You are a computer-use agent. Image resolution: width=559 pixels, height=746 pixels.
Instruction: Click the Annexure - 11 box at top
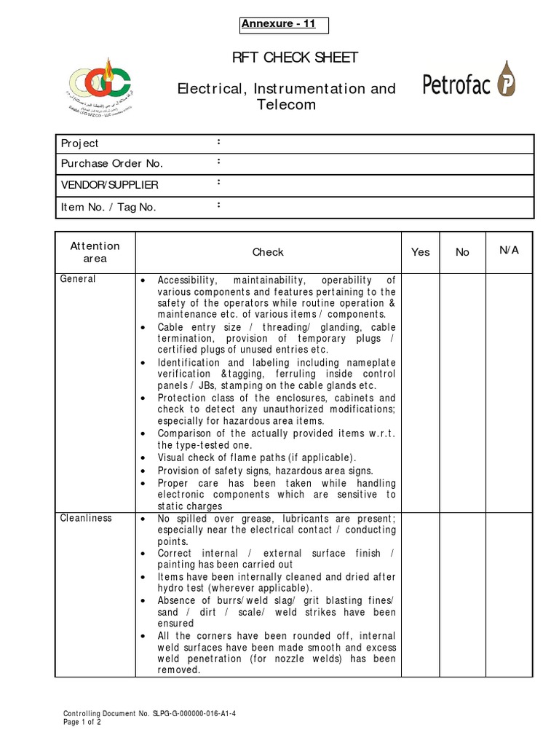pos(285,25)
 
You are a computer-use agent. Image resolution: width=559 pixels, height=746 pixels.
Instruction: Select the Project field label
pos(79,144)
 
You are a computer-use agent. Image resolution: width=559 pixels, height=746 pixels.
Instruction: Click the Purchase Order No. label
pos(111,164)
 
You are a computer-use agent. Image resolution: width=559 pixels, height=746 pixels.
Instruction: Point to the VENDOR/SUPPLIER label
pos(109,185)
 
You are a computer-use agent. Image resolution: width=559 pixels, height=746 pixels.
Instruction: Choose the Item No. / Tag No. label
pos(108,207)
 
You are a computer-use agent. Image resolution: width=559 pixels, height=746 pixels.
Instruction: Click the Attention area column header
pos(95,252)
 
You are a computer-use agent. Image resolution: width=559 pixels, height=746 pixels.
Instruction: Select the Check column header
pos(268,252)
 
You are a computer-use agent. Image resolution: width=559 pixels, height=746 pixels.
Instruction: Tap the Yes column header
pos(421,252)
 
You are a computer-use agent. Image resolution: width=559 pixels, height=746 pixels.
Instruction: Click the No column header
pos(462,252)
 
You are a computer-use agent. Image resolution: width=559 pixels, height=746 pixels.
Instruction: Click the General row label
pos(78,279)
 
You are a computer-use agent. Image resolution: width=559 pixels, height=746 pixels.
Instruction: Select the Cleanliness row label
pos(86,518)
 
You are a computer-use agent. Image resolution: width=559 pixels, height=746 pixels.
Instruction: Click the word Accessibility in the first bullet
pos(188,280)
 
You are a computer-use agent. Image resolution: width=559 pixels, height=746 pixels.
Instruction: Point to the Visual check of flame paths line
pos(257,458)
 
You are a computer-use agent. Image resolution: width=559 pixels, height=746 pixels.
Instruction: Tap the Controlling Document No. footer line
pos(149,714)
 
